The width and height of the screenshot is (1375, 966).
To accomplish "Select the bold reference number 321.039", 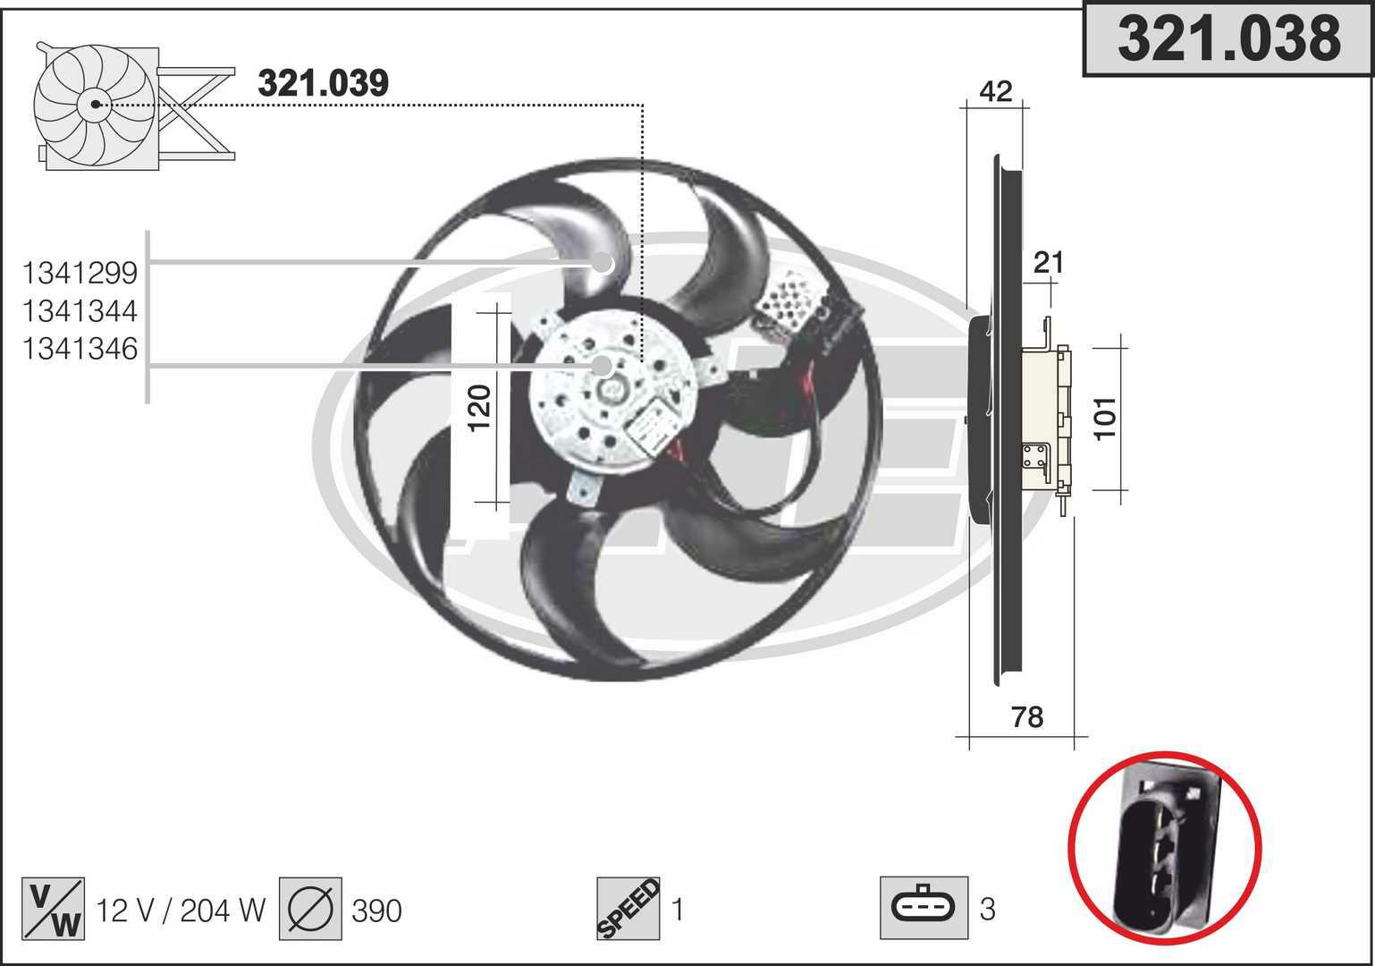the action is (x=323, y=83).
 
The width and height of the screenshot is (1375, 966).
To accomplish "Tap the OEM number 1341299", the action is (x=80, y=274).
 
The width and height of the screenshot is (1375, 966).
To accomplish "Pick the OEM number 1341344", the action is (x=80, y=311).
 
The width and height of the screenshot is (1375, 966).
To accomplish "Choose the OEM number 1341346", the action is (x=80, y=349).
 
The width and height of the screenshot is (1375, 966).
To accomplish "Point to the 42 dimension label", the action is (x=996, y=91).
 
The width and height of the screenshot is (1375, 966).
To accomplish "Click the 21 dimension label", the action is (x=1049, y=263).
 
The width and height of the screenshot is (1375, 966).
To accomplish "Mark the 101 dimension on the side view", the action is (x=1105, y=419).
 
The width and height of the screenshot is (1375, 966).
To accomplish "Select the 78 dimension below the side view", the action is (x=1027, y=717).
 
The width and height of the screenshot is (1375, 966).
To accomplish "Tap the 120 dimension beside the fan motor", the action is (x=479, y=409).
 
